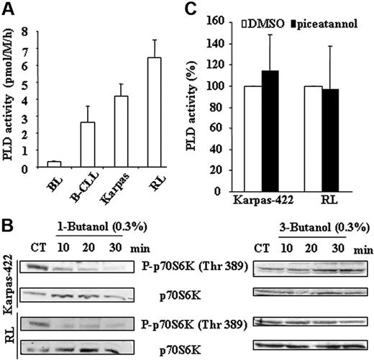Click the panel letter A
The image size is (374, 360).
click(x=8, y=9)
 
